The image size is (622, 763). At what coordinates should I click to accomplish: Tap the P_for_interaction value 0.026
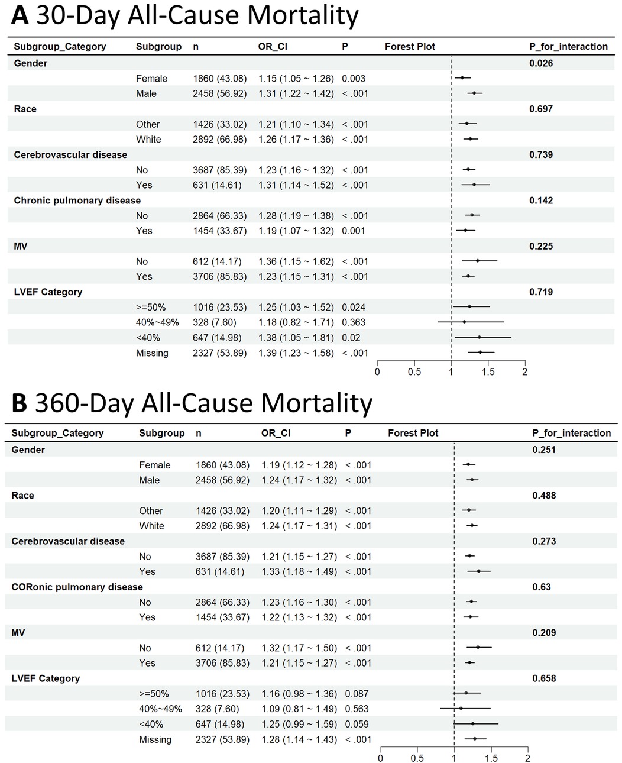coord(541,63)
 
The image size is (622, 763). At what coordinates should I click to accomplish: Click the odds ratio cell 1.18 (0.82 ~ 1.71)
coord(296,322)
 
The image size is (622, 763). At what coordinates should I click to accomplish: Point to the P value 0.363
coord(354,322)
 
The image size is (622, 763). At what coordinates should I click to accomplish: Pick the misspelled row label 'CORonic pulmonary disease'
coord(77,587)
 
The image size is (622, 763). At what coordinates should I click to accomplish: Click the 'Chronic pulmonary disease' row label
coord(77,201)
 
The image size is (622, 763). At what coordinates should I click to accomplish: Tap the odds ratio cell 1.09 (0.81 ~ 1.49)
coord(299,709)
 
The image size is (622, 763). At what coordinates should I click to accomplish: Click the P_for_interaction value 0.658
coord(544,678)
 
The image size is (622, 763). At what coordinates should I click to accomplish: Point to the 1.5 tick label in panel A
coord(488,372)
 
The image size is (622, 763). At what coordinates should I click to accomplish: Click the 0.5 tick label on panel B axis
coord(417,758)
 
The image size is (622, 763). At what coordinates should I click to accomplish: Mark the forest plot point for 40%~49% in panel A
coord(464,322)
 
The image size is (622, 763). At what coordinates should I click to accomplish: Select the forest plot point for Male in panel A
coord(474,93)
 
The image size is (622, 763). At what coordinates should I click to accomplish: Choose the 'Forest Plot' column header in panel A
coord(410,46)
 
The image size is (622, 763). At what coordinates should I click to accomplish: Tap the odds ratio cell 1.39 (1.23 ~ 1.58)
coord(296,353)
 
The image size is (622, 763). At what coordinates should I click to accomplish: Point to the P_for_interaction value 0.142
coord(541,201)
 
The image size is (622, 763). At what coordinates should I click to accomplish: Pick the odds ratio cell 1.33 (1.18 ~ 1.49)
coord(299,571)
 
